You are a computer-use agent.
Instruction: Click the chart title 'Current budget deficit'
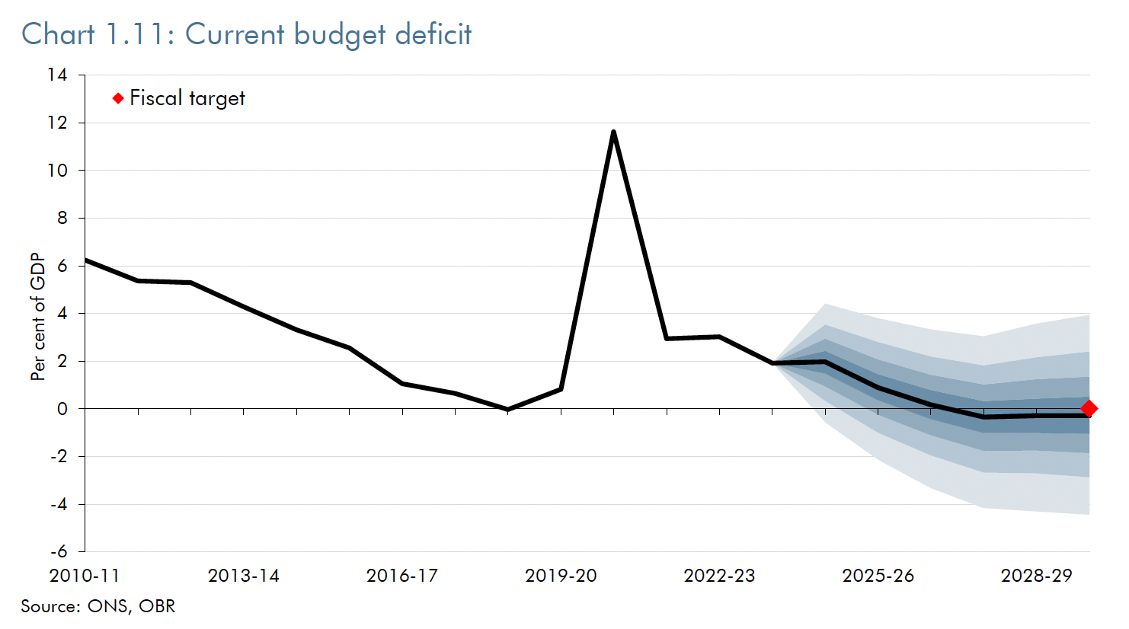pyautogui.click(x=328, y=35)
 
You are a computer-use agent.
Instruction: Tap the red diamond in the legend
pyautogui.click(x=118, y=98)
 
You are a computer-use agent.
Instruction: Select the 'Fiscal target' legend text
pyautogui.click(x=187, y=98)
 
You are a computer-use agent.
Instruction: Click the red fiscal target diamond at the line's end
pyautogui.click(x=1089, y=409)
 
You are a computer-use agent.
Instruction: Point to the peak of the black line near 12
pyautogui.click(x=613, y=132)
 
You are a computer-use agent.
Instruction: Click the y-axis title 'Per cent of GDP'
pyautogui.click(x=38, y=317)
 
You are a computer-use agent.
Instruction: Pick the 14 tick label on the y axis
pyautogui.click(x=57, y=75)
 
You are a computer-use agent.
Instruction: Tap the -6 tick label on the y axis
pyautogui.click(x=59, y=551)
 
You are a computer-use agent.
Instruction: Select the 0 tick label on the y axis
pyautogui.click(x=62, y=409)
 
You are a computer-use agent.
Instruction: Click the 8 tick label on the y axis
pyautogui.click(x=62, y=218)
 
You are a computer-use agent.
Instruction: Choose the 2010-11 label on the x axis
pyautogui.click(x=85, y=576)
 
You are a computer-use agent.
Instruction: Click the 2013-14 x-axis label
pyautogui.click(x=244, y=576)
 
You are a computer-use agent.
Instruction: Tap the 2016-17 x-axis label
pyautogui.click(x=402, y=576)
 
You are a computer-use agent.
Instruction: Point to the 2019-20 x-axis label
pyautogui.click(x=561, y=576)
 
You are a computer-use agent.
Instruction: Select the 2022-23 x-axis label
pyautogui.click(x=719, y=576)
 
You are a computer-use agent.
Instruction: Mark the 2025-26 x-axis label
pyautogui.click(x=878, y=576)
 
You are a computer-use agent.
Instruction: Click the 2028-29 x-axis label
pyautogui.click(x=1036, y=576)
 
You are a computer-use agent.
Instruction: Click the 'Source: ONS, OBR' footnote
pyautogui.click(x=98, y=606)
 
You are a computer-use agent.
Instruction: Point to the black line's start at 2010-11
pyautogui.click(x=86, y=260)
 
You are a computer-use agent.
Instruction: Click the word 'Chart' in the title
pyautogui.click(x=58, y=35)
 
